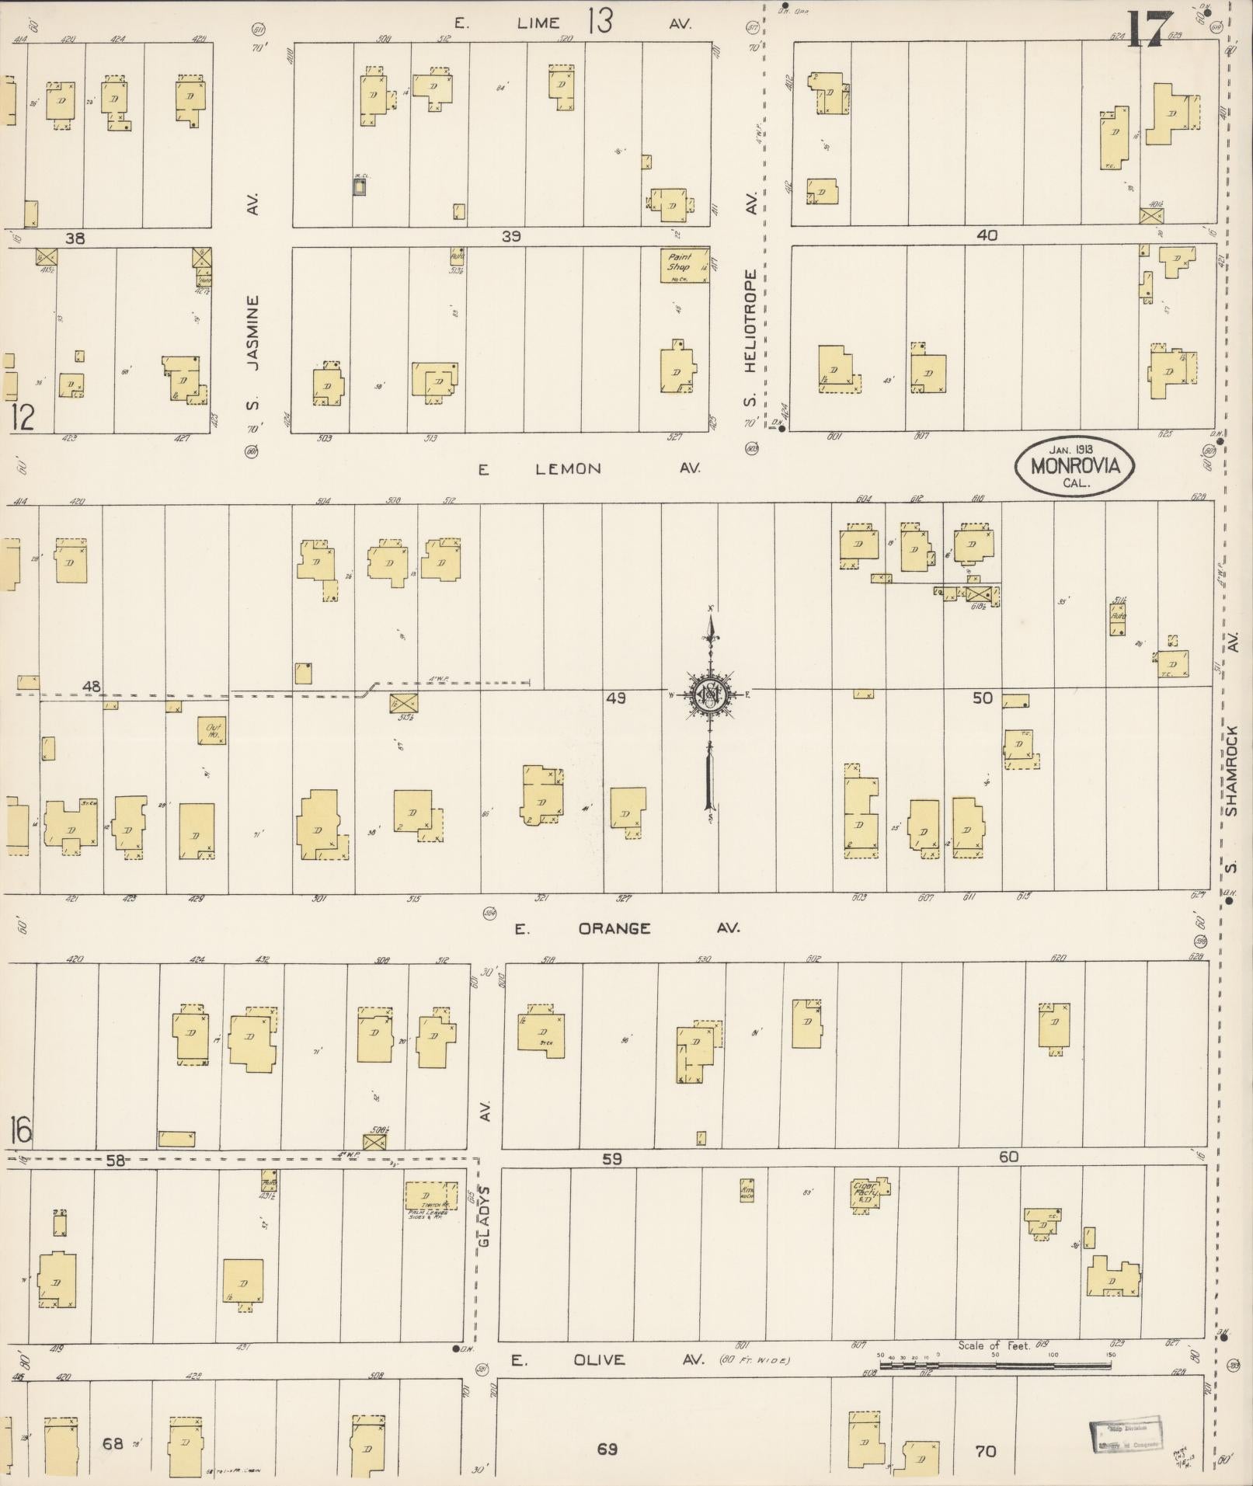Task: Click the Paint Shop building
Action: (x=684, y=266)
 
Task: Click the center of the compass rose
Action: (x=708, y=693)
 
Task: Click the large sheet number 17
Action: (x=1147, y=31)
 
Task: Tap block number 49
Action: (x=616, y=698)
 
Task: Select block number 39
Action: (x=510, y=236)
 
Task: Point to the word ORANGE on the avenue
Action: (x=614, y=928)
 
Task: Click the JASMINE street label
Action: (x=252, y=335)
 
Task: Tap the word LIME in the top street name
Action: (x=538, y=23)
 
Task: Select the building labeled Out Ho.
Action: (x=212, y=730)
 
